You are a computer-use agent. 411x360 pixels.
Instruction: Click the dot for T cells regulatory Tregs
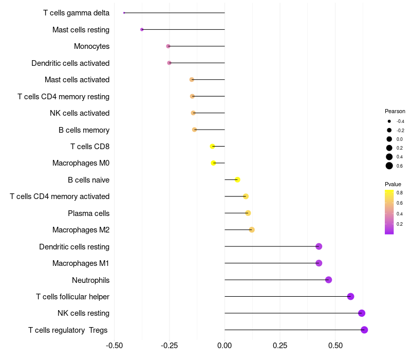[x=364, y=330]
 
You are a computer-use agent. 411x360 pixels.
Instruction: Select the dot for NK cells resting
[x=362, y=313]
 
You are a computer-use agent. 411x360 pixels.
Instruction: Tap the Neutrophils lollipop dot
[x=328, y=280]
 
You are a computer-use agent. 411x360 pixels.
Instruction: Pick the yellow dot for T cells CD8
[x=212, y=147]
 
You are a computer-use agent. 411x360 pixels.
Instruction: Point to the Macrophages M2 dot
[x=252, y=229]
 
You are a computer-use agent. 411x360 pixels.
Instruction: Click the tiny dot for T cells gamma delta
[x=124, y=13]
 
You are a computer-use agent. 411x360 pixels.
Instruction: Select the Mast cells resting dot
[x=142, y=30]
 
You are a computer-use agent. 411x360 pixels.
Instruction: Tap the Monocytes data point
[x=168, y=46]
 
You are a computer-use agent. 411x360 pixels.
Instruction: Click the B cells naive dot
[x=237, y=179]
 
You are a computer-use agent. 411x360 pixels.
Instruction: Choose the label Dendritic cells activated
[x=70, y=63]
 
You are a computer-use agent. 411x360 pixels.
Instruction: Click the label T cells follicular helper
[x=72, y=297]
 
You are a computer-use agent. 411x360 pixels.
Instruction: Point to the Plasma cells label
[x=88, y=213]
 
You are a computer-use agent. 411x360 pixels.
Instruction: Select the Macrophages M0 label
[x=81, y=163]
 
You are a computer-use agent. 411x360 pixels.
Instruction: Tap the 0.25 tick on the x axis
[x=280, y=345]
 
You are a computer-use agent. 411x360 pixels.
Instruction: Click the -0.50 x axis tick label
[x=115, y=345]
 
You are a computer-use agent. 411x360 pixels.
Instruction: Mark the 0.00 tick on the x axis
[x=225, y=345]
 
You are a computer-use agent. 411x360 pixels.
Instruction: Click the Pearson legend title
[x=395, y=111]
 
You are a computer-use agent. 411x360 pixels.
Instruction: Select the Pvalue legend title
[x=393, y=184]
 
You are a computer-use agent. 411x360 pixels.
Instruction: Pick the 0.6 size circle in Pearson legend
[x=389, y=166]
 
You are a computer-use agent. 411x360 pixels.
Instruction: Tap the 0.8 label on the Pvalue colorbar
[x=399, y=193]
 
